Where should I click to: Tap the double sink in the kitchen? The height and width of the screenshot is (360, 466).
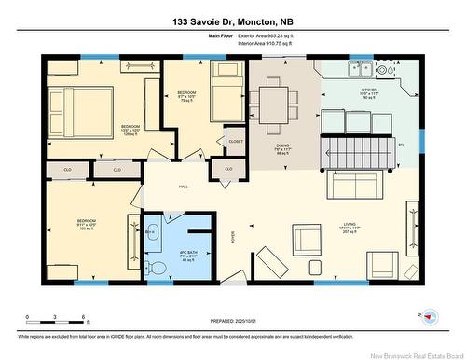click(x=358, y=68)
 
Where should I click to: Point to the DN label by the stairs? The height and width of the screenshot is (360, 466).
click(x=401, y=145)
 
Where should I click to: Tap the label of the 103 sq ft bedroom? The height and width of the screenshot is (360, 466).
click(x=88, y=224)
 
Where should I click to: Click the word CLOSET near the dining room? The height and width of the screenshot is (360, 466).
click(x=236, y=141)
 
